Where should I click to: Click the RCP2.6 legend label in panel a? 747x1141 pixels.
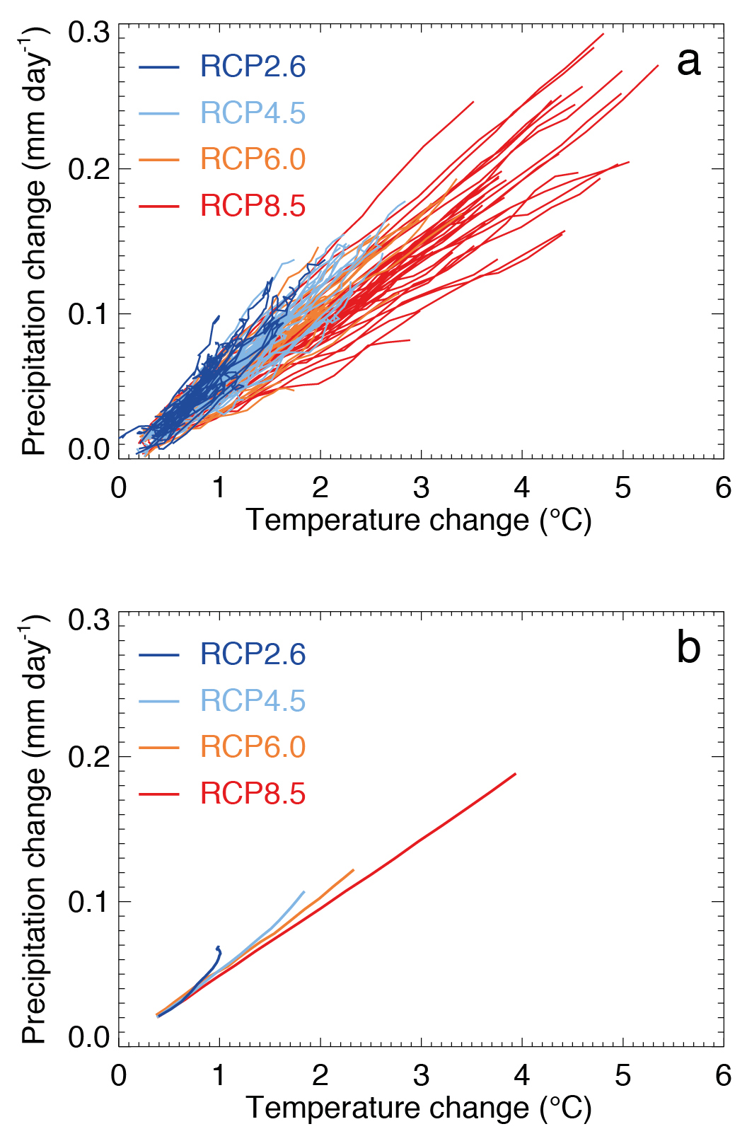pyautogui.click(x=253, y=66)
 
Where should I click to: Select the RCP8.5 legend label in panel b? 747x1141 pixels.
pyautogui.click(x=253, y=794)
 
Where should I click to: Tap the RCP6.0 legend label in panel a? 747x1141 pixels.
pyautogui.click(x=253, y=159)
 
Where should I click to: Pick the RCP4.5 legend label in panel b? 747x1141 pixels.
pyautogui.click(x=253, y=700)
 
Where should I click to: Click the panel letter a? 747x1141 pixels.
pyautogui.click(x=688, y=62)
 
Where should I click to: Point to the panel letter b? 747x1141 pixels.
pyautogui.click(x=688, y=647)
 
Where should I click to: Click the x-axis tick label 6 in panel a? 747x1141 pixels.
pyautogui.click(x=723, y=487)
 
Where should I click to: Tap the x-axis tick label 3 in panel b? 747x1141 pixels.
pyautogui.click(x=421, y=1075)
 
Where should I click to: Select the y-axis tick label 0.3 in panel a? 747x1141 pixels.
pyautogui.click(x=89, y=33)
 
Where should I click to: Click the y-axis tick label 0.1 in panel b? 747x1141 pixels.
pyautogui.click(x=89, y=902)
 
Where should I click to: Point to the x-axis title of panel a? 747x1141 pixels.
pyautogui.click(x=419, y=521)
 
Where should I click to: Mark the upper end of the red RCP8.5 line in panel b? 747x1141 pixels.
pyautogui.click(x=516, y=774)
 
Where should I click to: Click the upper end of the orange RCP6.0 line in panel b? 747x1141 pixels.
pyautogui.click(x=353, y=870)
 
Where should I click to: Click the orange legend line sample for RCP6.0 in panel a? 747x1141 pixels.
pyautogui.click(x=159, y=160)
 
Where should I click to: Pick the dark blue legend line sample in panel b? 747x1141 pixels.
pyautogui.click(x=159, y=654)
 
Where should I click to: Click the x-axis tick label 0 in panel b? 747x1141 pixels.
pyautogui.click(x=119, y=1075)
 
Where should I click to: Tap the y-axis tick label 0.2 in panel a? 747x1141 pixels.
pyautogui.click(x=89, y=170)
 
